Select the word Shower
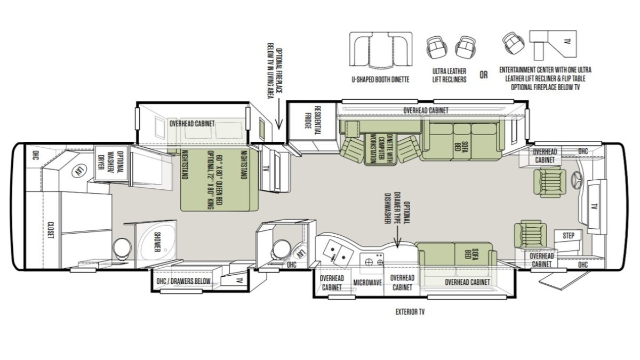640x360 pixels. (157, 242)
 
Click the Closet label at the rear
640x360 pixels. (51, 230)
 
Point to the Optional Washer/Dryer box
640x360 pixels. (111, 163)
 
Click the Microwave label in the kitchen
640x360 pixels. (367, 283)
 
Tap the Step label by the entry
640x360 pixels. (569, 235)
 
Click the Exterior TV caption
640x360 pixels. (410, 311)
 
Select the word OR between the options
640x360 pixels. (484, 75)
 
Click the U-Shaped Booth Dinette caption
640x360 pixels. (380, 79)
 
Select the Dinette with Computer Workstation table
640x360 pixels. (380, 148)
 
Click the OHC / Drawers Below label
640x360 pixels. (183, 281)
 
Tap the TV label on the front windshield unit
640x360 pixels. (594, 206)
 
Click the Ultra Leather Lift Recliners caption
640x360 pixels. (449, 75)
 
